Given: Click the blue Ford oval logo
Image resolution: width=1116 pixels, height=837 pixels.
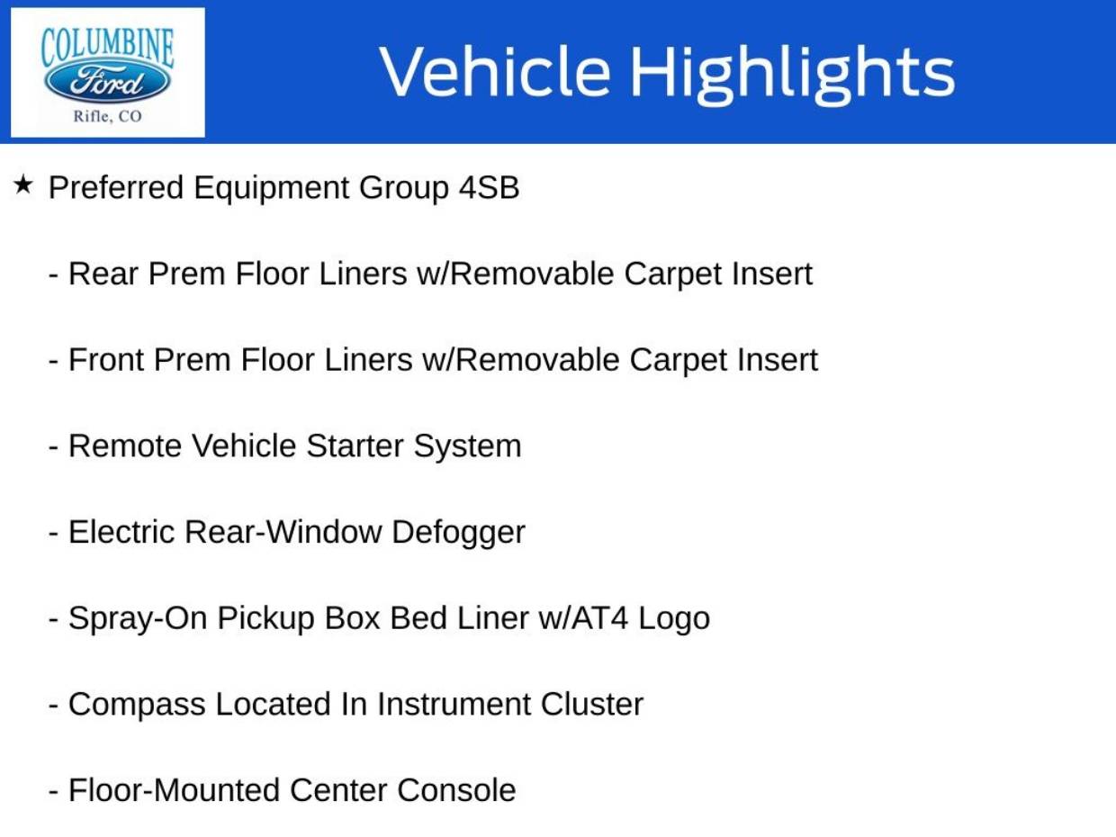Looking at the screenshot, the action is tap(107, 82).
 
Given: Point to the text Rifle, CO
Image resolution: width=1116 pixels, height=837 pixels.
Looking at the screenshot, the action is tap(107, 116).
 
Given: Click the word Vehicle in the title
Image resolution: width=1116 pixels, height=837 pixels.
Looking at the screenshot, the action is tap(495, 71).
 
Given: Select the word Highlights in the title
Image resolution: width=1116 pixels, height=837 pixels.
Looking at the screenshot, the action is tap(793, 76).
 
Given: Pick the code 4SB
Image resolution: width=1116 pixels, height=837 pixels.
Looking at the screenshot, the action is tap(489, 187).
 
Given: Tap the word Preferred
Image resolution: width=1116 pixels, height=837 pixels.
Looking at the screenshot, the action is tap(116, 187).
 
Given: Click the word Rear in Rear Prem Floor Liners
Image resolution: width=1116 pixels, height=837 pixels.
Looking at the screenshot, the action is tap(103, 274).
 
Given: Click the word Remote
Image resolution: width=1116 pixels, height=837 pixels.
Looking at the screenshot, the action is tap(125, 445).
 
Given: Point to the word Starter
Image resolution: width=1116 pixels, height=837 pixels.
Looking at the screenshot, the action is tap(355, 445).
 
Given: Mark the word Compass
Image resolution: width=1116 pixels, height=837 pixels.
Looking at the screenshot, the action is tap(137, 706).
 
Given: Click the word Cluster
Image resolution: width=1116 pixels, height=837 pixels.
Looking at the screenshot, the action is tap(592, 705).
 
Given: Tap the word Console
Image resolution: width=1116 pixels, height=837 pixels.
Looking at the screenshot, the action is tap(456, 790).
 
